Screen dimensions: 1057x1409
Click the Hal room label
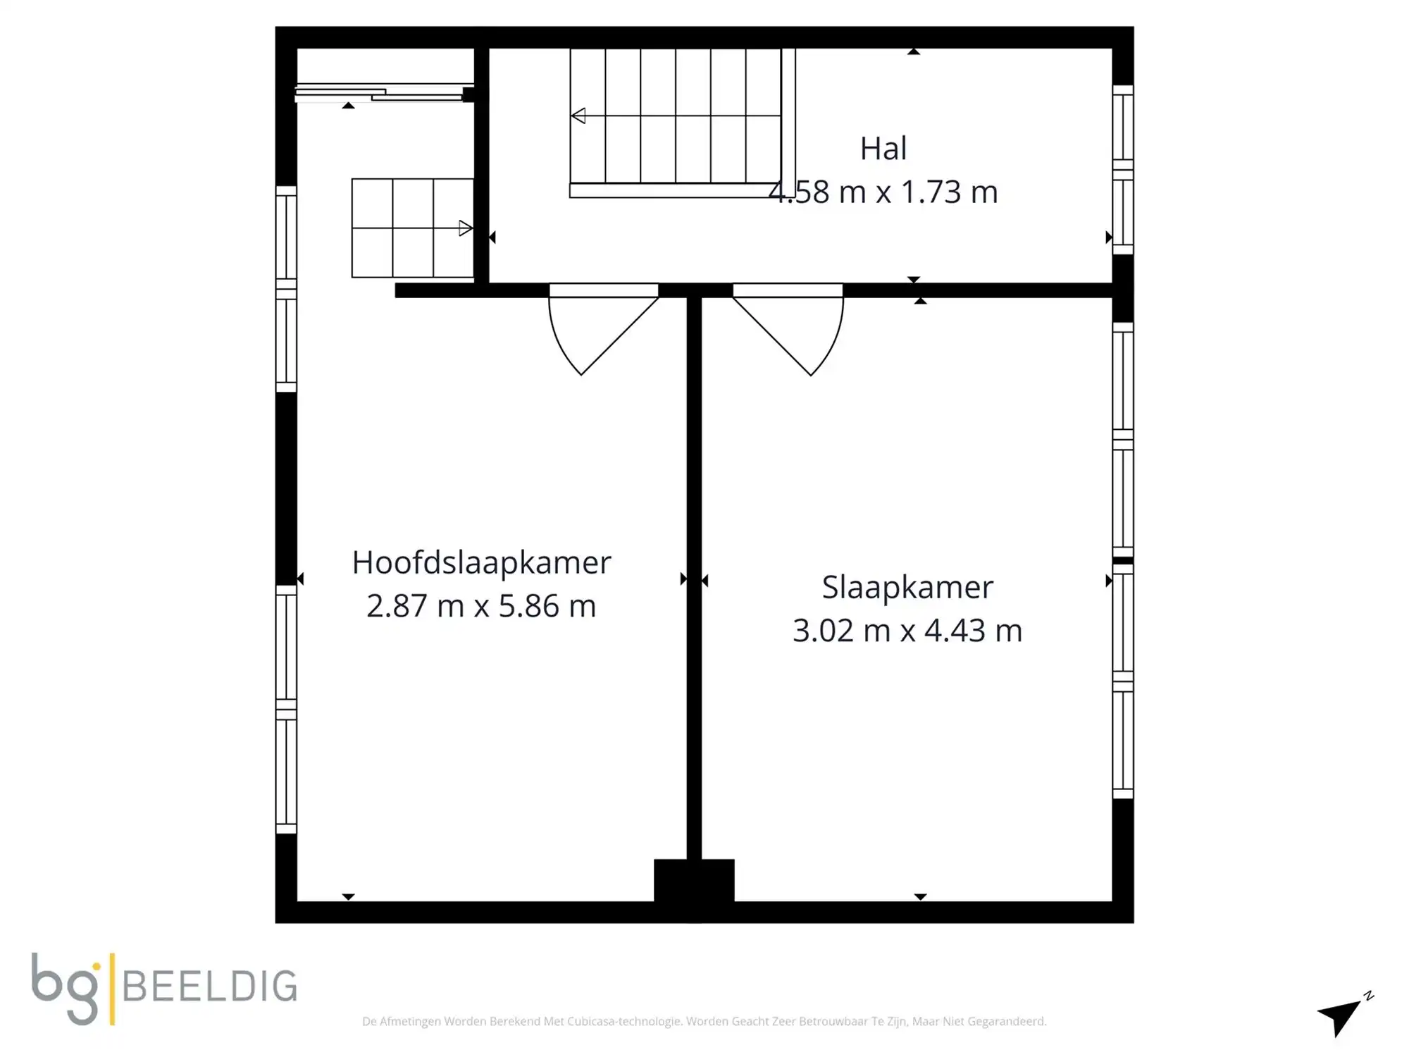(883, 149)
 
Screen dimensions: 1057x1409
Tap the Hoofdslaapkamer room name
(481, 562)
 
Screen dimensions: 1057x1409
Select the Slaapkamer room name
(907, 587)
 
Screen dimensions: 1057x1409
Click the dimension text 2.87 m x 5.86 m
(481, 606)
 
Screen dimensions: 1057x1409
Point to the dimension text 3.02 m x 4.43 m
(907, 631)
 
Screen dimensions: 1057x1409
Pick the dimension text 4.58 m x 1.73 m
(883, 192)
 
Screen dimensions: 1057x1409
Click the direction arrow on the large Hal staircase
(578, 116)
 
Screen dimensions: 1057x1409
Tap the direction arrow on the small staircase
(465, 228)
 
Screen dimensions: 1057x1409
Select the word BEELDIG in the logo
(209, 986)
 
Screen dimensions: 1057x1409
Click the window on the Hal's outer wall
(1123, 169)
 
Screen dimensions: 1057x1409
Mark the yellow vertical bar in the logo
(112, 987)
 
